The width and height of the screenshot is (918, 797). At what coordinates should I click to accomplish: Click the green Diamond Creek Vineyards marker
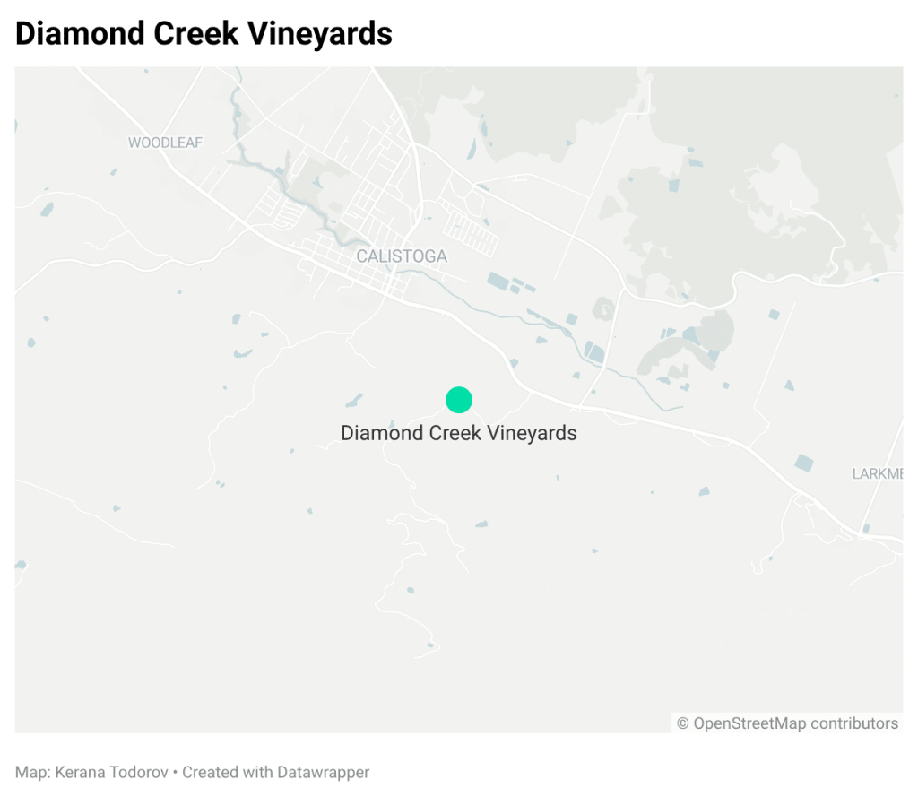point(459,400)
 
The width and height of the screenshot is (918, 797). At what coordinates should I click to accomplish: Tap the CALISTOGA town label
point(402,256)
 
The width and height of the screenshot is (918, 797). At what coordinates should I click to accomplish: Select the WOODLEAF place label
point(166,143)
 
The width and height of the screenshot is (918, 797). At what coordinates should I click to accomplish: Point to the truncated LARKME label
point(877,473)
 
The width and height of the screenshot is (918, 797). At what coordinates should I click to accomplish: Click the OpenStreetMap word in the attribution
point(749,723)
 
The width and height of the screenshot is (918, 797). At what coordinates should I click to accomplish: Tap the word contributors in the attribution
point(854,723)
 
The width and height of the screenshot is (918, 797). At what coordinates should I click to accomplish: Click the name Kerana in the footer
point(80,772)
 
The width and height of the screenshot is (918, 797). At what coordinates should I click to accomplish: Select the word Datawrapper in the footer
point(324,772)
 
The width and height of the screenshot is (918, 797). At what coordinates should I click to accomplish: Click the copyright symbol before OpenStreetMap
point(683,723)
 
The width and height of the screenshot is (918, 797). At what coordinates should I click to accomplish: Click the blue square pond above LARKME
point(804,463)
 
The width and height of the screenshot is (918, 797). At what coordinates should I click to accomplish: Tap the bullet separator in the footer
point(176,772)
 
